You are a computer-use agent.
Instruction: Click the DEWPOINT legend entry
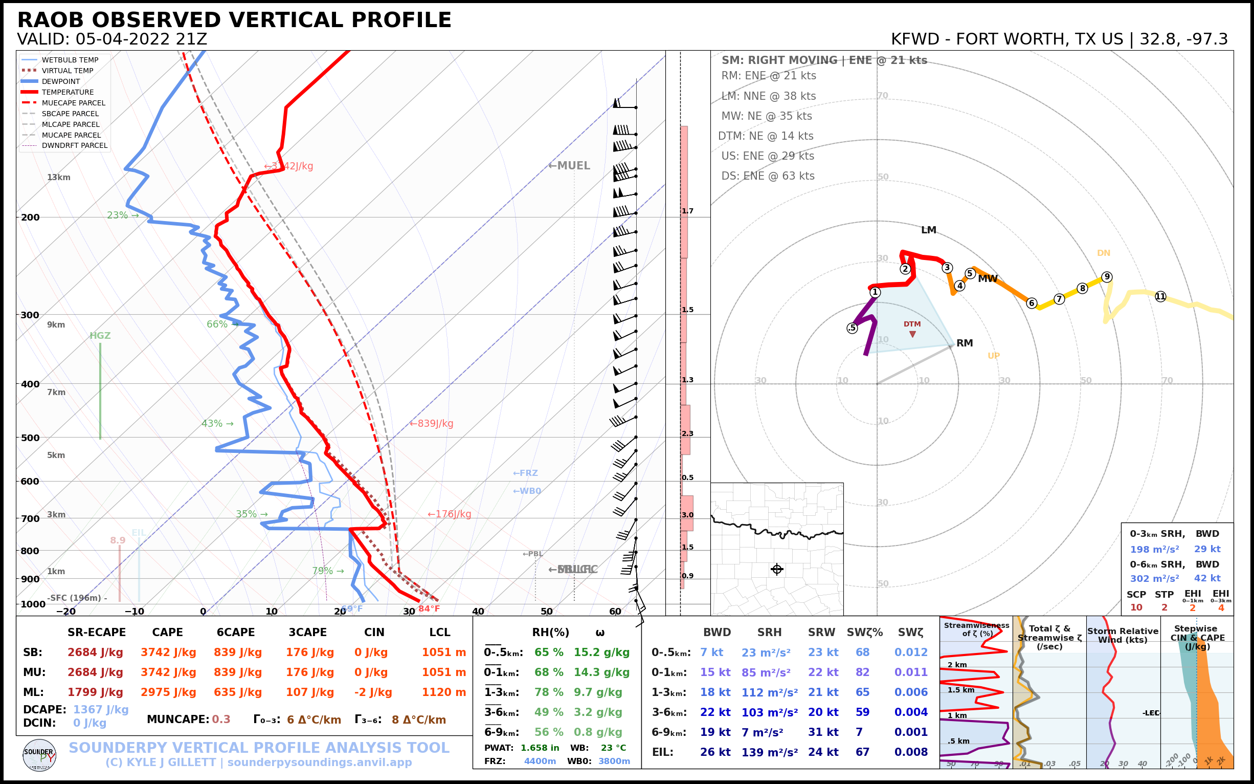(x=61, y=81)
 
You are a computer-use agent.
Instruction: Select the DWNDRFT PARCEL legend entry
(x=74, y=146)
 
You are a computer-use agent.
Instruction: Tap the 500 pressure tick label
(x=30, y=438)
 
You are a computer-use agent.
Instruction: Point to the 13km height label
(x=58, y=178)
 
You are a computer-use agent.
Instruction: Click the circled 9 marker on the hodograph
(x=1107, y=277)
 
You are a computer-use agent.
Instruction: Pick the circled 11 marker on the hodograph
(x=1160, y=297)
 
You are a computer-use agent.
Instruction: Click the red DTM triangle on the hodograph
(x=912, y=335)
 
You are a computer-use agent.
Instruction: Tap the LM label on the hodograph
(x=929, y=230)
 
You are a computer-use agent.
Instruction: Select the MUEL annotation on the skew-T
(x=570, y=166)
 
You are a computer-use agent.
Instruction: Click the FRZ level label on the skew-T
(x=525, y=473)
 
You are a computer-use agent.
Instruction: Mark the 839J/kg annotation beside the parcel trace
(x=432, y=424)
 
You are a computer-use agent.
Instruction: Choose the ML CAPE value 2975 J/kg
(x=168, y=692)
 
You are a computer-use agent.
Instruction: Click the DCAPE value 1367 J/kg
(x=101, y=709)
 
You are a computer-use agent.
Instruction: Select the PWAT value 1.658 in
(x=540, y=748)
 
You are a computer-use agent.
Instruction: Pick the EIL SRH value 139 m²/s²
(x=770, y=752)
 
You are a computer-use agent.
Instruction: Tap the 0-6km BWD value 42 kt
(x=1207, y=578)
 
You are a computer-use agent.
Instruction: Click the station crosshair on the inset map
(x=777, y=570)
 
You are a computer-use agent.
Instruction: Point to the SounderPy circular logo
(x=39, y=755)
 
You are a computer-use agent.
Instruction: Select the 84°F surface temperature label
(x=429, y=609)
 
